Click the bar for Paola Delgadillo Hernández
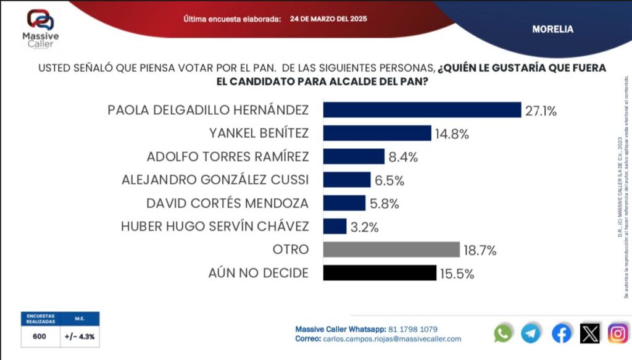(422, 110)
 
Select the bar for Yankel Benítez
(377, 133)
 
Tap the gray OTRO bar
(391, 249)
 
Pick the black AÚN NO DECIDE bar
(380, 273)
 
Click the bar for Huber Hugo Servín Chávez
(335, 226)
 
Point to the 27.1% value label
(541, 111)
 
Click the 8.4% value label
(403, 157)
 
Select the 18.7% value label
(480, 250)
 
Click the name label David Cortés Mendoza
(227, 203)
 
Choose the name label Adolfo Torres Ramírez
(227, 156)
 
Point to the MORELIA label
(552, 29)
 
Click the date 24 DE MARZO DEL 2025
(328, 19)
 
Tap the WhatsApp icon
(503, 333)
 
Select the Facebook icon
(561, 333)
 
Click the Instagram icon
(618, 333)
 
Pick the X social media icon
(589, 333)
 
